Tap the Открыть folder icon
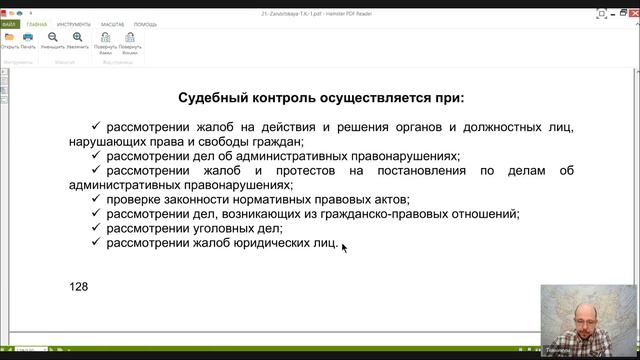10,39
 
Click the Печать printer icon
29,39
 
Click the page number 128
79,287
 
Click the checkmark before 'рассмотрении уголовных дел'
96,228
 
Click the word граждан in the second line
273,142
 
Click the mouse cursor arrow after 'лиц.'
344,247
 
